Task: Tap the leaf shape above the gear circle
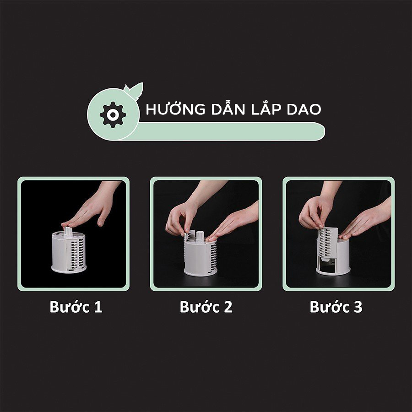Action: (x=135, y=88)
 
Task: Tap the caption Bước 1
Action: (x=76, y=307)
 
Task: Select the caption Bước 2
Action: (x=206, y=307)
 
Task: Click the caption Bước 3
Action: (x=336, y=307)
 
